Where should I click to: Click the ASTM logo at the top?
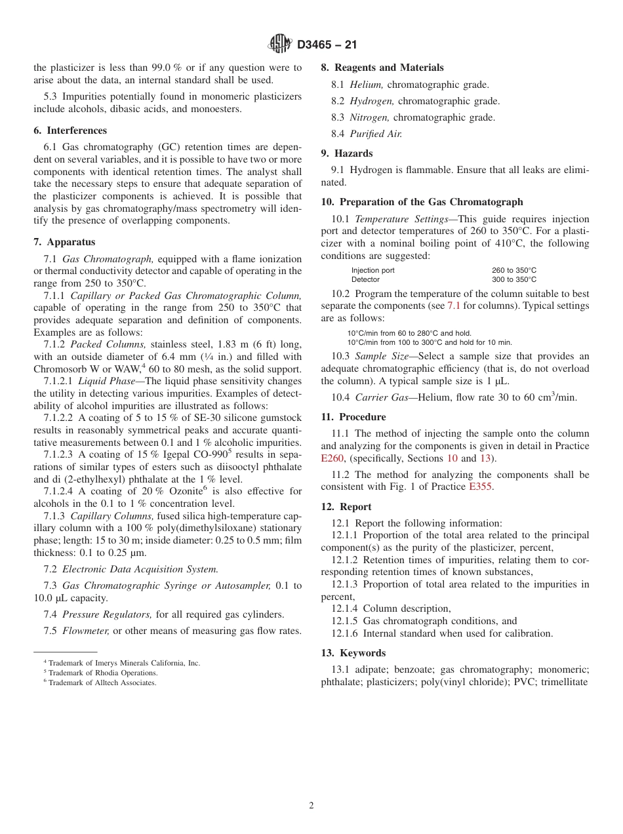tap(280, 45)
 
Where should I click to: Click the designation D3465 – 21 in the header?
tap(327, 45)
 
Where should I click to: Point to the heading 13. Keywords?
tap(353, 653)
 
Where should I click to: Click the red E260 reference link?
tap(332, 458)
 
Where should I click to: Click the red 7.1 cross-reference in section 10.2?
tap(453, 306)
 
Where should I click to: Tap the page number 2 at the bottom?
tap(311, 805)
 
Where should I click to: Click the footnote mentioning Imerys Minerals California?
tap(121, 663)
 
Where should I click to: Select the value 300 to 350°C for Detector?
tap(514, 279)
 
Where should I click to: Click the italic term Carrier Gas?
tap(377, 397)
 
